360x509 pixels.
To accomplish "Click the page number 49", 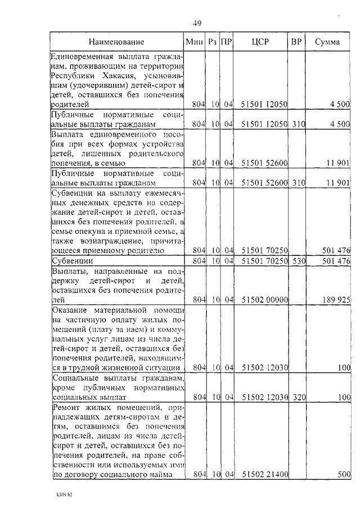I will (197, 23).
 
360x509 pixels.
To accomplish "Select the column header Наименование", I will (116, 42).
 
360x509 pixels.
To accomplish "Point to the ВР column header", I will (296, 42).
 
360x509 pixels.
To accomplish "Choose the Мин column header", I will (194, 42).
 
